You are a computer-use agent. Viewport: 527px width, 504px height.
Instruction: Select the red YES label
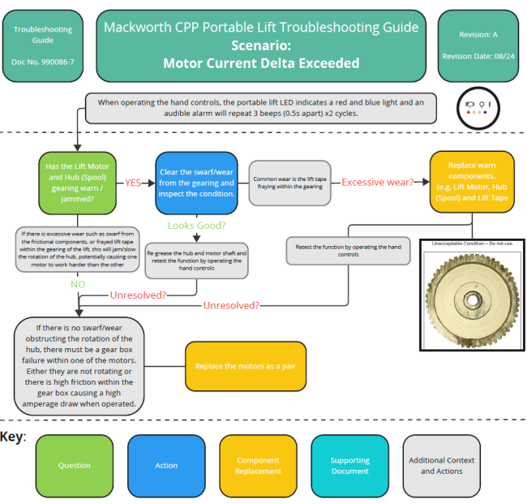coord(135,183)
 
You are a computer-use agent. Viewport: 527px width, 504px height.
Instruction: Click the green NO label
coord(78,285)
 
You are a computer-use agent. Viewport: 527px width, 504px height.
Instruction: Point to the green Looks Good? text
coord(196,225)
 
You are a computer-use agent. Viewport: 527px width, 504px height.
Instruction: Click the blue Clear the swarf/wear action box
coord(196,182)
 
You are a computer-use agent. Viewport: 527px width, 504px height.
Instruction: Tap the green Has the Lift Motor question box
coord(78,182)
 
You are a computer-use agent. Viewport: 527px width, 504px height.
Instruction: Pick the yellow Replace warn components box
coord(472,182)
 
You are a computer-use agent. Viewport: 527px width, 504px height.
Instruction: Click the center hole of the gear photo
coord(472,299)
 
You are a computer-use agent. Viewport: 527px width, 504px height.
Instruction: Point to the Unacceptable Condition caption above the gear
coord(472,243)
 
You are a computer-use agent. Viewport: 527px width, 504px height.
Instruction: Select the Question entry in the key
coord(75,466)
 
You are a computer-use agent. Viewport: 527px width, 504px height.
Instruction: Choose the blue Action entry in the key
coord(166,466)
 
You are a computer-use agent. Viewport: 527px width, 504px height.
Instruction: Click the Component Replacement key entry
coord(258,466)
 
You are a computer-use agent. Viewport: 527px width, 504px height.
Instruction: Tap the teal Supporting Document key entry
coord(349,466)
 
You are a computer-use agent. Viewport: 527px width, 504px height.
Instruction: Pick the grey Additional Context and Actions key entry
coord(441,466)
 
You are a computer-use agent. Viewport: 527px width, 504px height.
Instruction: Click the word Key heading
coord(13,437)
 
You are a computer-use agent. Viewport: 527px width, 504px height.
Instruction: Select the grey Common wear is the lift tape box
coord(290,182)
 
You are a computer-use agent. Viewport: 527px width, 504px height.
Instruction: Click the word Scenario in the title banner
coord(260,45)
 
